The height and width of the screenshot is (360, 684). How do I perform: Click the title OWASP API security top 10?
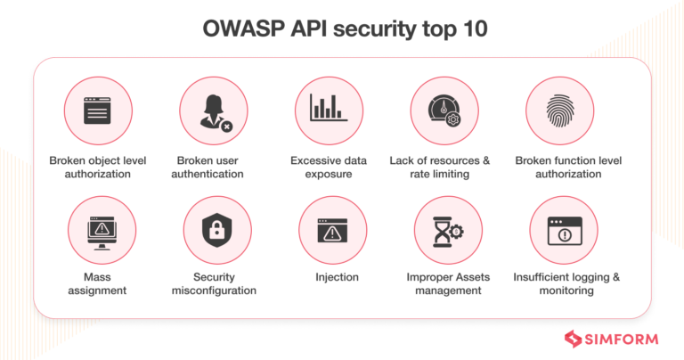click(x=342, y=29)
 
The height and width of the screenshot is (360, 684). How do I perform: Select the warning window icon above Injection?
click(x=330, y=230)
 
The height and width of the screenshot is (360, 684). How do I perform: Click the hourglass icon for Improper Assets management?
click(x=444, y=230)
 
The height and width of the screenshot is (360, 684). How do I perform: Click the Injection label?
click(x=336, y=277)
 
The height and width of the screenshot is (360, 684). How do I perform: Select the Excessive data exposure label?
click(x=328, y=167)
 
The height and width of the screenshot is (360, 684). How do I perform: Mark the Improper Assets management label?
click(x=444, y=283)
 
